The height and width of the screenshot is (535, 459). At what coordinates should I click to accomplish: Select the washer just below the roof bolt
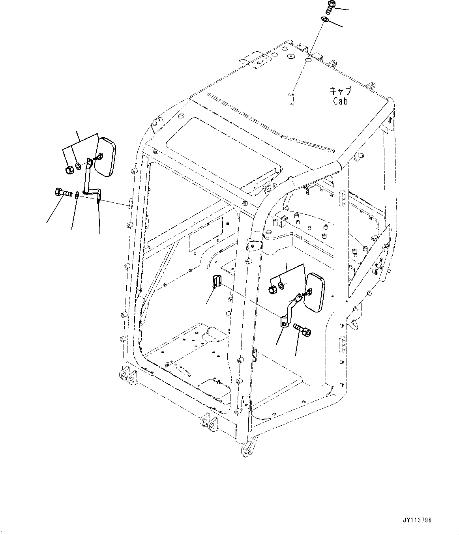coord(325,20)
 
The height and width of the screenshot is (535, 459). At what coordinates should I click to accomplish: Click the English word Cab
coord(340,101)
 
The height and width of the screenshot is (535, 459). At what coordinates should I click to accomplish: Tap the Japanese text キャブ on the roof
coord(340,91)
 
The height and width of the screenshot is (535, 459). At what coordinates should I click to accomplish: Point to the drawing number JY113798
coord(417,520)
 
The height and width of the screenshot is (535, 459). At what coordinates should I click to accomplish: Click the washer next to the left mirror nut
coord(78,166)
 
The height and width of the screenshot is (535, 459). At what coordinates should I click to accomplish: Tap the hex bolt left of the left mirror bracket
coord(61,193)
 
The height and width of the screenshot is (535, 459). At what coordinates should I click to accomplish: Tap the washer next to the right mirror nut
coord(281,285)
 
